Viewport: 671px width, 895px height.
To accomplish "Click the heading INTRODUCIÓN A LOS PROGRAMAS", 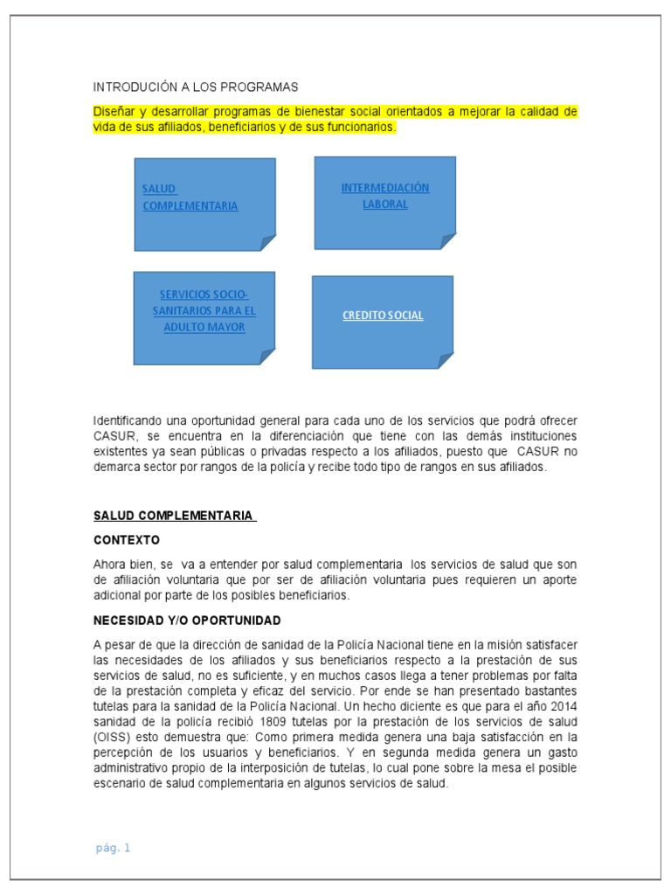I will pyautogui.click(x=196, y=87).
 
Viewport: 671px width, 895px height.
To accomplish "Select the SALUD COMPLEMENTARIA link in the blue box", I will pyautogui.click(x=190, y=198).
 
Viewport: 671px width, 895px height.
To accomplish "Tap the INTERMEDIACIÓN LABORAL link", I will pyautogui.click(x=384, y=196).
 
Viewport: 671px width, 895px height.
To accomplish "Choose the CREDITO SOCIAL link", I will pyautogui.click(x=383, y=316).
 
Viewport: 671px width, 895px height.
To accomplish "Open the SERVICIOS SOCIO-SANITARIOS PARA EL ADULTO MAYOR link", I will pyautogui.click(x=204, y=310).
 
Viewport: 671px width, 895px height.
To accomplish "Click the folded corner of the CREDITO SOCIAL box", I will pyautogui.click(x=445, y=360).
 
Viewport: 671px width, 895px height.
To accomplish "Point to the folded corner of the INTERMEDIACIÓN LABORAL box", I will pyautogui.click(x=447, y=241).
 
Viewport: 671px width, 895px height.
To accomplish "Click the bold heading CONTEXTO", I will pyautogui.click(x=127, y=540).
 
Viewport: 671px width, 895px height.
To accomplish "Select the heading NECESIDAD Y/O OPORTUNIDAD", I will pyautogui.click(x=187, y=621).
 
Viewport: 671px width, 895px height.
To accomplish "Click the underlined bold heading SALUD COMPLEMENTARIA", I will pyautogui.click(x=174, y=517).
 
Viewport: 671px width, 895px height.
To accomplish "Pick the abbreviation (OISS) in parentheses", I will pyautogui.click(x=113, y=737).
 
